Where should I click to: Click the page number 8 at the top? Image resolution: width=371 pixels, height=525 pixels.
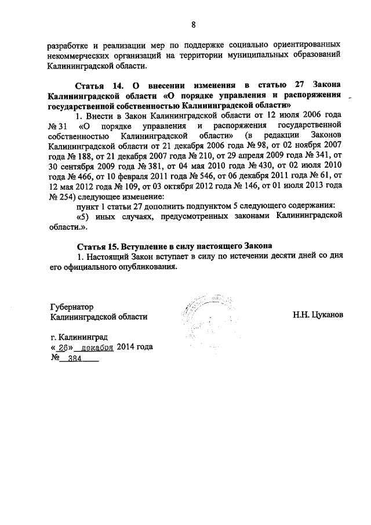pos(193,24)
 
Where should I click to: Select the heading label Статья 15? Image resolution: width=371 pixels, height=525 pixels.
pos(100,245)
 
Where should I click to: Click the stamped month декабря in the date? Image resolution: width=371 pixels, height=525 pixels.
pos(96,348)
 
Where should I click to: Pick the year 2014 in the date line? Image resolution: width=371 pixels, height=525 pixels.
pos(126,348)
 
